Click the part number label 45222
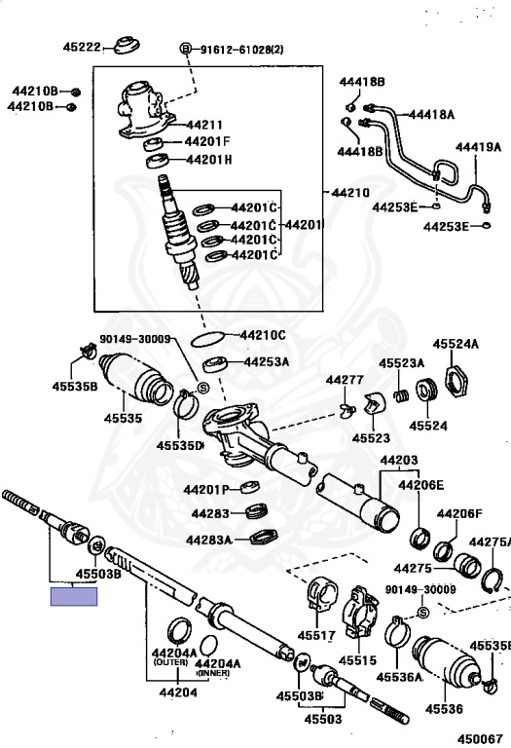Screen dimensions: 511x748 82,47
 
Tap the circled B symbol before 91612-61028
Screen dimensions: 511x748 186,49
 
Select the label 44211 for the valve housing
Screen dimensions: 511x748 204,125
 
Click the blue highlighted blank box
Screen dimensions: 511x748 74,597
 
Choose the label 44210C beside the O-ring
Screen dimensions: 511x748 263,335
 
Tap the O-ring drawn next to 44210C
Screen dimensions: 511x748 207,339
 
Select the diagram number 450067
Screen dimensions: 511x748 480,739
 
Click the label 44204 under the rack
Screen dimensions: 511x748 178,692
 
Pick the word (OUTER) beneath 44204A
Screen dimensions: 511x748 170,662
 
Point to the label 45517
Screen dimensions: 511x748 316,635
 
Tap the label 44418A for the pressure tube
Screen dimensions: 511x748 431,115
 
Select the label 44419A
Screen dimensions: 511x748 478,147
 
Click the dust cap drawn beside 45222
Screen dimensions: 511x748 127,45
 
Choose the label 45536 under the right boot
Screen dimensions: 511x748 444,709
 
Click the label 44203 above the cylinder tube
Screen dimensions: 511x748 399,461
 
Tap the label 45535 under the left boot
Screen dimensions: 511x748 123,419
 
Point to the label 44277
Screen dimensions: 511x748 345,380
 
